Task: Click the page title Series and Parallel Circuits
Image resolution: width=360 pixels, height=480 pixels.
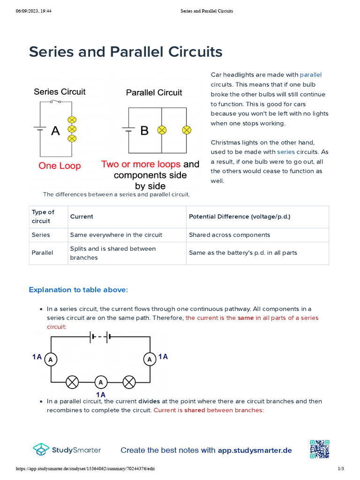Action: click(126, 52)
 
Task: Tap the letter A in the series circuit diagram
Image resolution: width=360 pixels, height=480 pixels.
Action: click(55, 131)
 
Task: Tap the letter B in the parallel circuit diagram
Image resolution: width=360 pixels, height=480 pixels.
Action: click(144, 131)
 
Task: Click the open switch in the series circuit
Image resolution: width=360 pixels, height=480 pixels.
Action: click(57, 102)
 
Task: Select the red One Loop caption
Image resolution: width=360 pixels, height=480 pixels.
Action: click(60, 165)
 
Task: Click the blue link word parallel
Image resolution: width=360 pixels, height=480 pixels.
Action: click(311, 75)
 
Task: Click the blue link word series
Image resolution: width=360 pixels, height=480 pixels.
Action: click(286, 152)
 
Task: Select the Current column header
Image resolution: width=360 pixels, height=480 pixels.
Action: click(82, 217)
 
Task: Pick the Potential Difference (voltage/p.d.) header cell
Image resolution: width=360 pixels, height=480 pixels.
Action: click(240, 217)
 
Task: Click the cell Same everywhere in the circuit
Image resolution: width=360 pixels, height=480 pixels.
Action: click(116, 235)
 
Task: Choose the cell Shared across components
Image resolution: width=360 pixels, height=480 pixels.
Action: click(229, 235)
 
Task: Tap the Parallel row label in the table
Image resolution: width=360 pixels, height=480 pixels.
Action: click(43, 253)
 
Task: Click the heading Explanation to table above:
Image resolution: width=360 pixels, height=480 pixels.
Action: click(78, 290)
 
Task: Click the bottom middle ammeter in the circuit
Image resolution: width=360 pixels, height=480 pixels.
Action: click(100, 382)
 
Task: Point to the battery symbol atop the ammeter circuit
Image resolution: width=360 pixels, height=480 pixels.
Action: click(100, 336)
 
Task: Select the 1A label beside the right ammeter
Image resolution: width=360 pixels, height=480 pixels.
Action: click(163, 357)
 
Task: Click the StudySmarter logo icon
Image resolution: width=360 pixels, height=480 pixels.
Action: click(41, 450)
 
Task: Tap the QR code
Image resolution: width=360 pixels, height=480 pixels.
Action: click(319, 449)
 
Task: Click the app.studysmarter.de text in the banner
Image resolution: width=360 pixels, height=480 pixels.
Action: click(255, 450)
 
